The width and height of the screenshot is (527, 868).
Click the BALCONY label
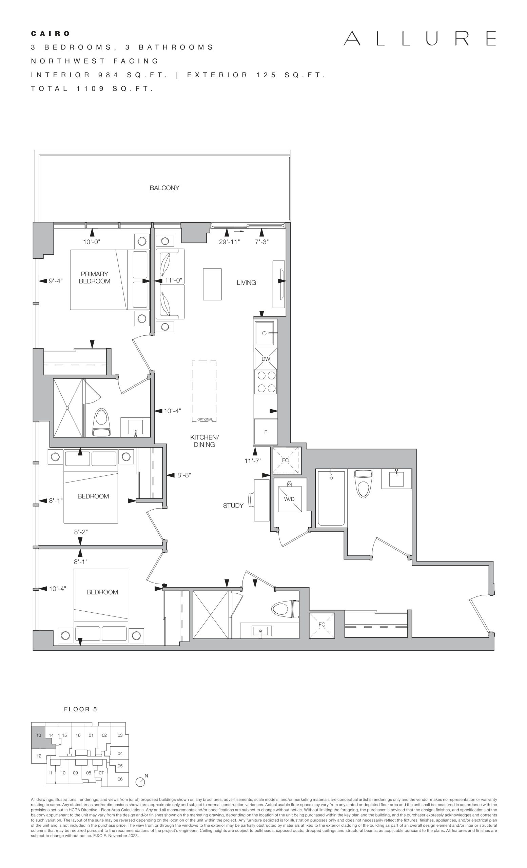pyautogui.click(x=164, y=188)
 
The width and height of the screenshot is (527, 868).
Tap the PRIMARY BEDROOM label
pyautogui.click(x=94, y=277)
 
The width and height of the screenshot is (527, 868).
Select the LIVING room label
pyautogui.click(x=246, y=282)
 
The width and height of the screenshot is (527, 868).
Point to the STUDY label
pyautogui.click(x=233, y=506)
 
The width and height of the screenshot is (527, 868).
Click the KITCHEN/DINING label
pyautogui.click(x=204, y=441)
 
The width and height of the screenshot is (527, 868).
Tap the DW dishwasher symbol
pyautogui.click(x=266, y=359)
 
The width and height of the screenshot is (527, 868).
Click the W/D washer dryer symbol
pyautogui.click(x=290, y=499)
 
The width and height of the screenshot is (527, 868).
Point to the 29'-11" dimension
pyautogui.click(x=229, y=242)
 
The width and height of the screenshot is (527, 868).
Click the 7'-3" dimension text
pyautogui.click(x=262, y=242)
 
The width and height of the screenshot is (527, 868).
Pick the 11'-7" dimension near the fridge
pyautogui.click(x=253, y=460)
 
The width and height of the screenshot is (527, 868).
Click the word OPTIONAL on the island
pyautogui.click(x=205, y=419)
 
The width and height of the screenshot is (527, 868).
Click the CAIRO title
pyautogui.click(x=51, y=34)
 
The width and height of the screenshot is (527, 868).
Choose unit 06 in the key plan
pyautogui.click(x=120, y=779)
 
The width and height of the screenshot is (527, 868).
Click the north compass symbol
pyautogui.click(x=140, y=781)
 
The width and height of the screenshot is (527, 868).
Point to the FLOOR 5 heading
pyautogui.click(x=80, y=709)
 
